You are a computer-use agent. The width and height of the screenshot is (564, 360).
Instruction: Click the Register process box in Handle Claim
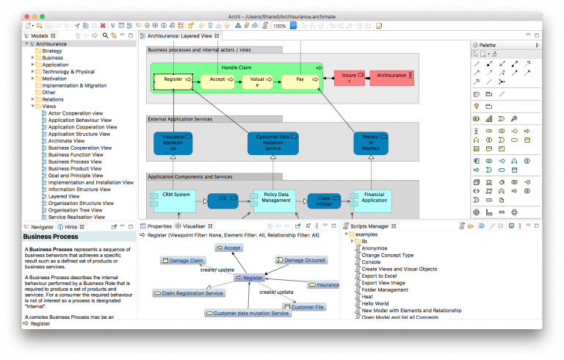pos(173,79)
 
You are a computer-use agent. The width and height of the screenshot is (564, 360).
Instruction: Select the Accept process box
pos(217,79)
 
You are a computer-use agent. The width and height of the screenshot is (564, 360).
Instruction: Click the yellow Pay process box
pos(300,79)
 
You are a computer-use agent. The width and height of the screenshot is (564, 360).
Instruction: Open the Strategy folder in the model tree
pos(52,51)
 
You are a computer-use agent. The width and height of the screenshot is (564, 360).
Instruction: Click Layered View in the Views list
pos(64,196)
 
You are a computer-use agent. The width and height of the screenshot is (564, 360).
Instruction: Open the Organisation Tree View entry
pos(79,210)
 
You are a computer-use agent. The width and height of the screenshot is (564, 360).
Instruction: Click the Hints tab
pos(70,226)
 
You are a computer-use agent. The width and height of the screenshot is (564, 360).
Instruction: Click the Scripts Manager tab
pos(371,226)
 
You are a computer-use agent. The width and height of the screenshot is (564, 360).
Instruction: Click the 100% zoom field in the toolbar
pos(280,26)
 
